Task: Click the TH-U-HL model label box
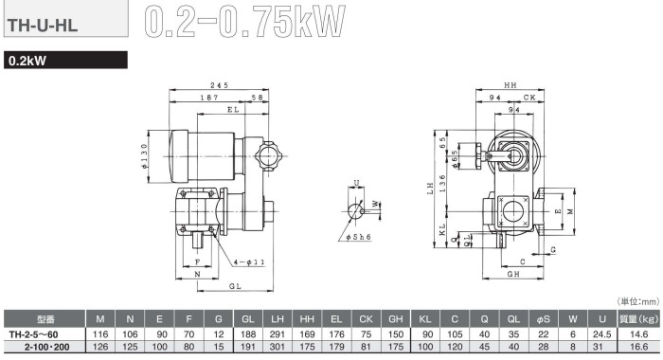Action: pos(65,19)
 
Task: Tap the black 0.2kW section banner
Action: pos(65,60)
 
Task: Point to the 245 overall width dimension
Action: pos(220,85)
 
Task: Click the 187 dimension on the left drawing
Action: pos(209,98)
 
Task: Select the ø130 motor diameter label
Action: pos(144,156)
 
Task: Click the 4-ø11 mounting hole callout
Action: pos(249,262)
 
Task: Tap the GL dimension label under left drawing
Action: pos(235,286)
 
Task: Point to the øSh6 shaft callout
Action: pos(358,237)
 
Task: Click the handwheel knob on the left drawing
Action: pos(268,156)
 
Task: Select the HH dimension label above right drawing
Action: pos(511,85)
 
